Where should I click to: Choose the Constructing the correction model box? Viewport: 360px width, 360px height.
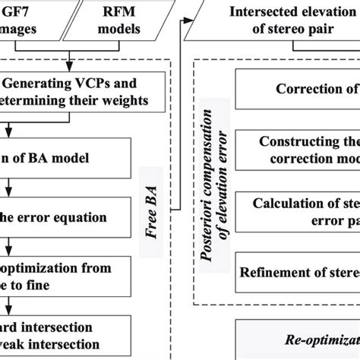pyautogui.click(x=304, y=150)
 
